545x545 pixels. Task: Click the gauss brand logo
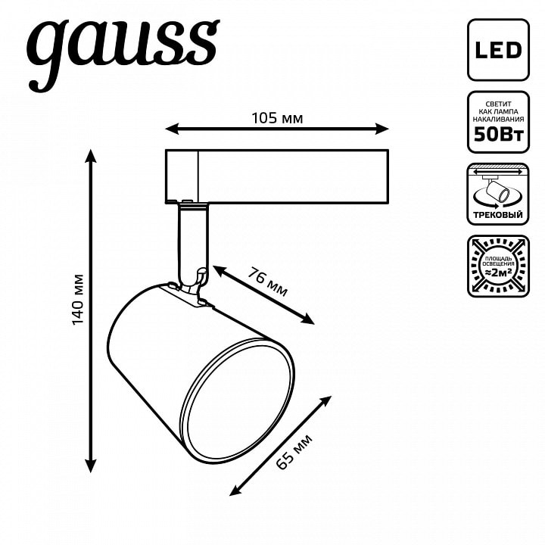tap(123, 51)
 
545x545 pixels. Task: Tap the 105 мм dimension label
tap(277, 119)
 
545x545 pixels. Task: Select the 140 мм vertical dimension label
tap(79, 299)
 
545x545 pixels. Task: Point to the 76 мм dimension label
tap(267, 282)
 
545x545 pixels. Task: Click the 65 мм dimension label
tap(294, 451)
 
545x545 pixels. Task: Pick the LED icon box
tap(498, 50)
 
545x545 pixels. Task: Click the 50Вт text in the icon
tap(498, 134)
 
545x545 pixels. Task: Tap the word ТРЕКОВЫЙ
tap(498, 215)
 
